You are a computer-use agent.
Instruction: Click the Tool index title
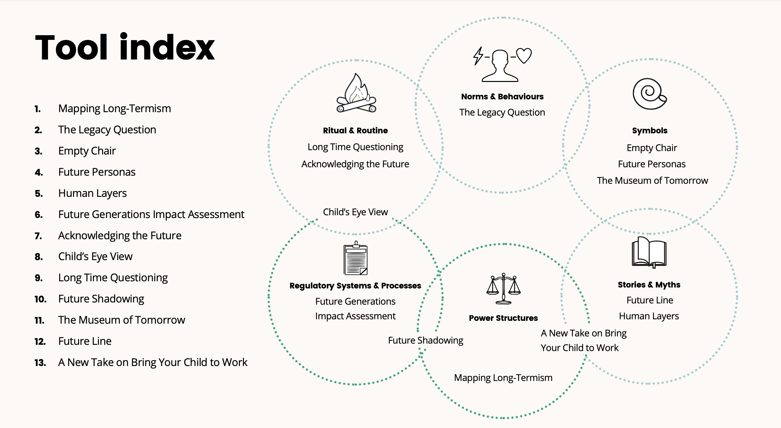point(124,47)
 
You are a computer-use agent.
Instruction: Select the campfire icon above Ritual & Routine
point(356,93)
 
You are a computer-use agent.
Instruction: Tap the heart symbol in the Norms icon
point(524,55)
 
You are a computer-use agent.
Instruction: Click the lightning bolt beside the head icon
point(478,56)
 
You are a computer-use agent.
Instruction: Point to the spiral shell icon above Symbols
point(649,93)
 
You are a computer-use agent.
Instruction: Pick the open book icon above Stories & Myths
point(649,252)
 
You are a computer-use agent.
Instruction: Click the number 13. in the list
point(40,363)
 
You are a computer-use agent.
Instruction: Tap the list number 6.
point(39,215)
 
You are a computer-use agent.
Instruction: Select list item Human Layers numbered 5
point(92,193)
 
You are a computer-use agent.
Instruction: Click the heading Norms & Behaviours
point(502,97)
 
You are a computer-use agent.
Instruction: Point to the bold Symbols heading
point(650,131)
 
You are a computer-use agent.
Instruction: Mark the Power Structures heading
point(503,318)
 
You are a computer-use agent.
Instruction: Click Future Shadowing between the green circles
point(425,340)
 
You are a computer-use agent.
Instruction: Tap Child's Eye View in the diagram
point(355,212)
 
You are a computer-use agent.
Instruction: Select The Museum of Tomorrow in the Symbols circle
point(652,181)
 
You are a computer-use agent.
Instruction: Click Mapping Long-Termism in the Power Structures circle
point(503,378)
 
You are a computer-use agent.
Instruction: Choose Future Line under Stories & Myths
point(650,300)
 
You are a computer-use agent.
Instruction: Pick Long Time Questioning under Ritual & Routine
point(355,147)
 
